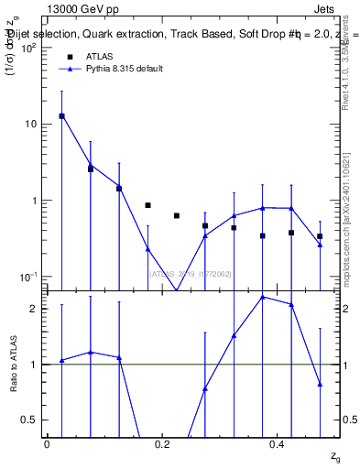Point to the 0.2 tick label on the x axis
coord(162,443)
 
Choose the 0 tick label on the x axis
coord(47,443)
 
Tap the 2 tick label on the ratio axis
coord(35,309)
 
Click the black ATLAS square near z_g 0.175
coord(147,205)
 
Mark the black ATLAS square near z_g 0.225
coord(177,215)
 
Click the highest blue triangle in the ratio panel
coord(263,297)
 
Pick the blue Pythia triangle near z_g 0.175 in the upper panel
coord(147,249)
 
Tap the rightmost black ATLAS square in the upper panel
coord(320,236)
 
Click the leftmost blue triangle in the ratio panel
coord(61,360)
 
